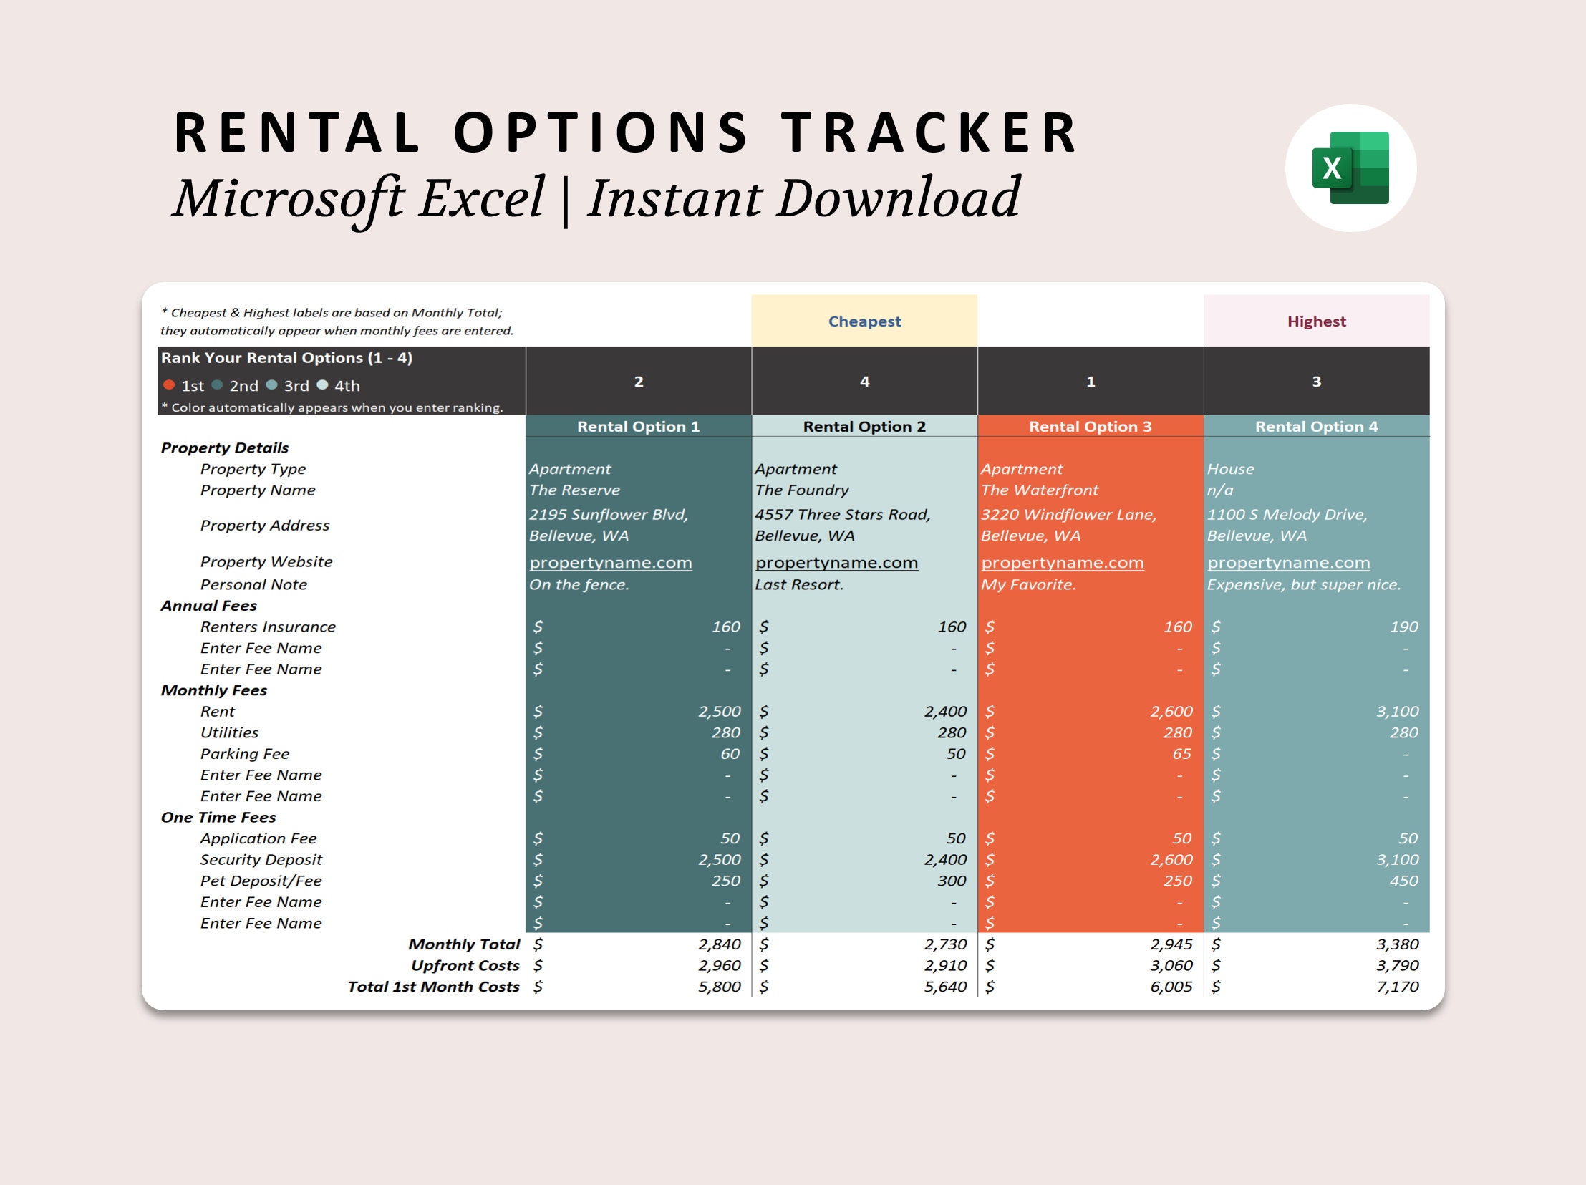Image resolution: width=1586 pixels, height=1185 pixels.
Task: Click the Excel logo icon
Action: (x=1350, y=168)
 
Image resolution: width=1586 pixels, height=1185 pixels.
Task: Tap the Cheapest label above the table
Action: (x=864, y=321)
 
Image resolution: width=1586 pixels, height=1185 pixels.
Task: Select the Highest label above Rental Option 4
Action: (x=1315, y=321)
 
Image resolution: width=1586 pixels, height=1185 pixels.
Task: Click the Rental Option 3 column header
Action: (x=1090, y=427)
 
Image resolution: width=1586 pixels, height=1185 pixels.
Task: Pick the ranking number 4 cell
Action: (x=864, y=382)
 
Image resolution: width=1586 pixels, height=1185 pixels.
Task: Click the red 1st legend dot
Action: (x=169, y=385)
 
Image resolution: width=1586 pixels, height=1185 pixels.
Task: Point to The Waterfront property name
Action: (x=1039, y=490)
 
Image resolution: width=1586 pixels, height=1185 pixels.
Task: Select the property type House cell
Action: (x=1230, y=469)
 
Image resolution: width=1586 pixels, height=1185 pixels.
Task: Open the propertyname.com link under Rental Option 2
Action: (x=836, y=563)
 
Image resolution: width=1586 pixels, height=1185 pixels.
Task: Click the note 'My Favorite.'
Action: (x=1028, y=584)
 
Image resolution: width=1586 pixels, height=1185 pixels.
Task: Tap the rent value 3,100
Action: (x=1397, y=711)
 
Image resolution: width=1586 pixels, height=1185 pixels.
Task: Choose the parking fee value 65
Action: (x=1181, y=753)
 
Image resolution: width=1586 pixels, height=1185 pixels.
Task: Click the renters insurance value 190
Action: (x=1403, y=627)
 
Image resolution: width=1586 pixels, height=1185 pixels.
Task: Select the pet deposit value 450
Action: (x=1403, y=880)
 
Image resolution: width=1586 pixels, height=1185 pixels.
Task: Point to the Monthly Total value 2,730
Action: (x=945, y=944)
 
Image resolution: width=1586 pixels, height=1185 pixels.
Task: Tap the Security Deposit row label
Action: (x=261, y=859)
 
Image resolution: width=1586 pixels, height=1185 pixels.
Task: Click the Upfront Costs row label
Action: (x=465, y=966)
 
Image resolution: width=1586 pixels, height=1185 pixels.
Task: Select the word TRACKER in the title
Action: (x=929, y=133)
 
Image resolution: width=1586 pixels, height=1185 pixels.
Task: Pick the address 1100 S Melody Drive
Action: (x=1286, y=515)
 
